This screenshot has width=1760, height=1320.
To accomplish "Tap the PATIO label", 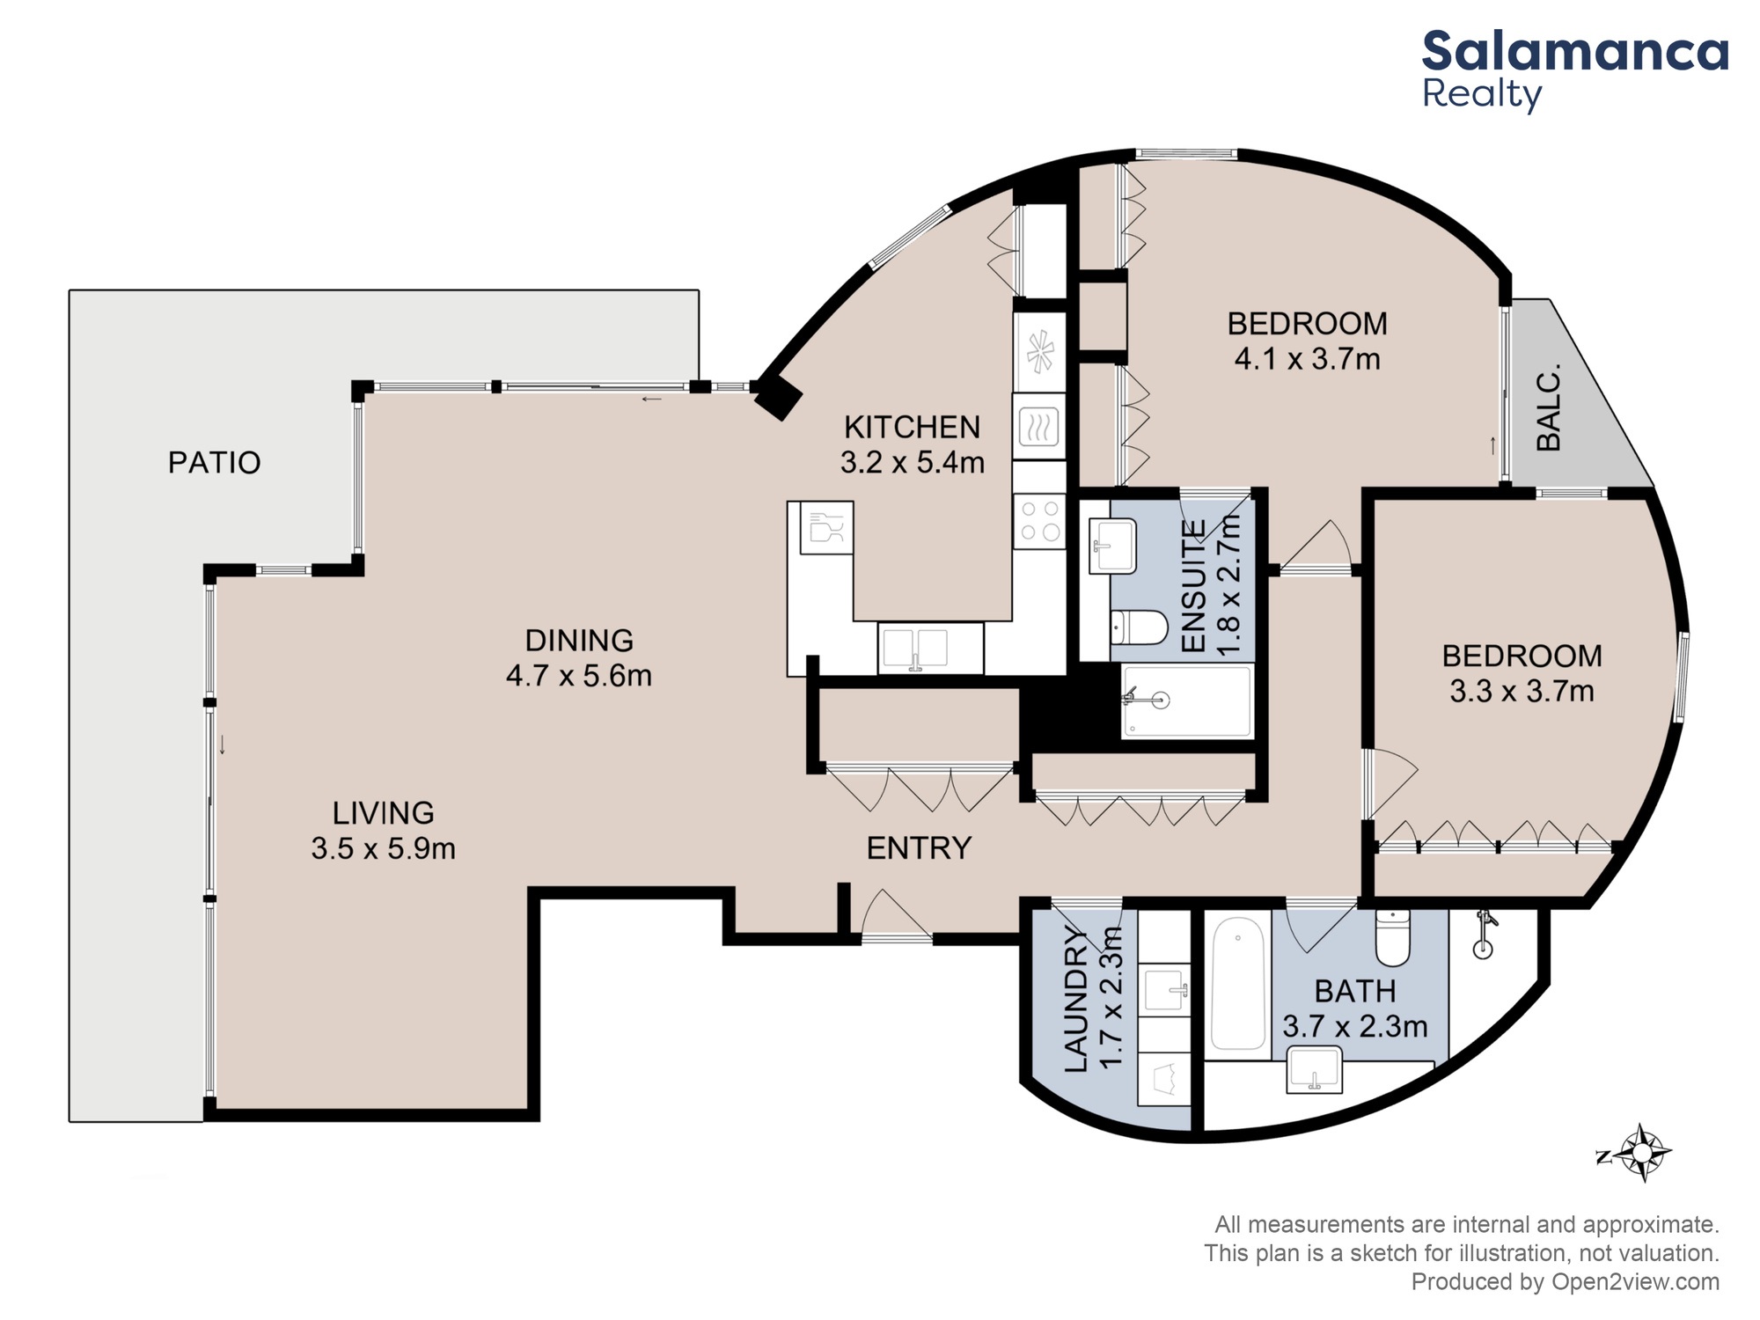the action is [x=215, y=463].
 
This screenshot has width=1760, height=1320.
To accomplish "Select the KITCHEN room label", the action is [x=912, y=427].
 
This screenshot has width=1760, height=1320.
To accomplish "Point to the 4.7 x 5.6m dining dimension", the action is [x=579, y=676].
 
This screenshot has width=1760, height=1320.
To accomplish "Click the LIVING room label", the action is [x=383, y=812].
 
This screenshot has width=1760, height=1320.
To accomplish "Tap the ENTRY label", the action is [x=919, y=848].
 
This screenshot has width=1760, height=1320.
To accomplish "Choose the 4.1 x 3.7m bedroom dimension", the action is [x=1307, y=359].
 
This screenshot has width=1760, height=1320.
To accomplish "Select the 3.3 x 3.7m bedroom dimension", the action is [x=1522, y=691].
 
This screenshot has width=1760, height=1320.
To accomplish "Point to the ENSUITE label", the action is [x=1193, y=586].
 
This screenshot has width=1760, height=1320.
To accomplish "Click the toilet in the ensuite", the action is [x=1139, y=628].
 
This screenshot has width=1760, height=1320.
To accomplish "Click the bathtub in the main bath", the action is [x=1238, y=983].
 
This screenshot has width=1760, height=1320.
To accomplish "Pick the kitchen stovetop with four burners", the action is [x=1039, y=521].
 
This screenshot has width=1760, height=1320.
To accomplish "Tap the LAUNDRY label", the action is [x=1077, y=1001].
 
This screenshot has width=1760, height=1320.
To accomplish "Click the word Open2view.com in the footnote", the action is [x=1635, y=1282].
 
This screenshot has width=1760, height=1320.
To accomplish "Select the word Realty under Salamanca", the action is [x=1483, y=94].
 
